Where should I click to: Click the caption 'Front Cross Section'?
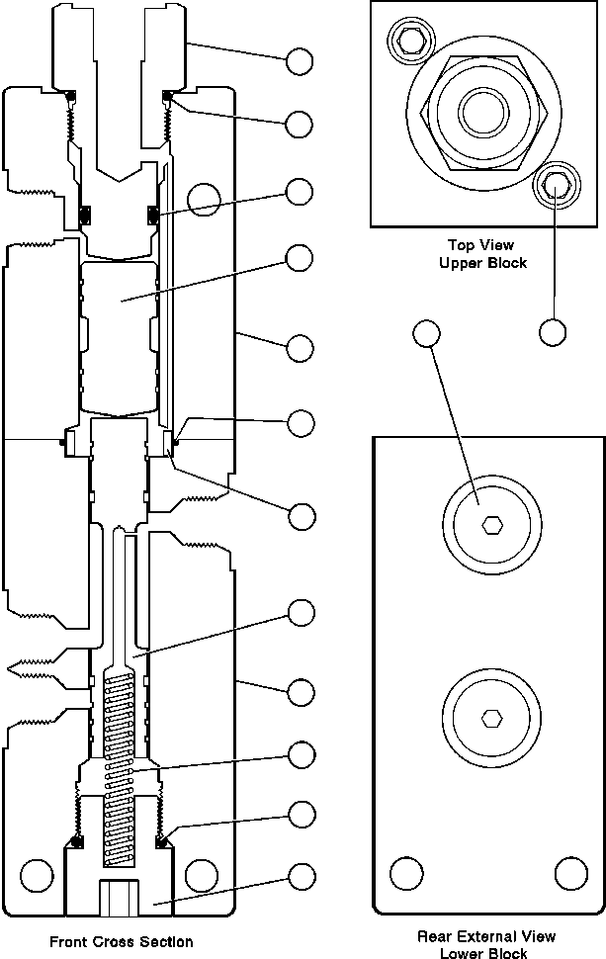click(x=121, y=942)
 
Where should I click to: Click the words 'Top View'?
click(x=481, y=245)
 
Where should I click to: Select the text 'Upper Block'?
click(x=483, y=263)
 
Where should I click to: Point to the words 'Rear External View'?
click(x=486, y=935)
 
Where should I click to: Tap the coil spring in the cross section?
click(x=120, y=768)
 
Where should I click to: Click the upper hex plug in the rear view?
click(x=491, y=524)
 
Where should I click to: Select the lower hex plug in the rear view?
click(x=491, y=718)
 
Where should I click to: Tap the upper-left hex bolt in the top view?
click(x=410, y=42)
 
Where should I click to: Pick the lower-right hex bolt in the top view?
click(x=557, y=184)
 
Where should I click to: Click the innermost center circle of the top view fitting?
click(x=484, y=113)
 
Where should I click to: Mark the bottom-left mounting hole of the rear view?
click(x=406, y=873)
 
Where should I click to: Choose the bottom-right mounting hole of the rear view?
click(x=571, y=873)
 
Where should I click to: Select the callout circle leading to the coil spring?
click(x=302, y=755)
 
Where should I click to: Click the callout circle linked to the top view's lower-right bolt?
click(x=553, y=333)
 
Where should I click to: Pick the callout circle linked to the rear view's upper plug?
click(x=427, y=333)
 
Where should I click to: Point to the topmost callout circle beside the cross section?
click(x=300, y=61)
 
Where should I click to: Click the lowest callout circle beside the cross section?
click(x=302, y=876)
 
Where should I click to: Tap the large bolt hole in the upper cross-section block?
click(x=204, y=200)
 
